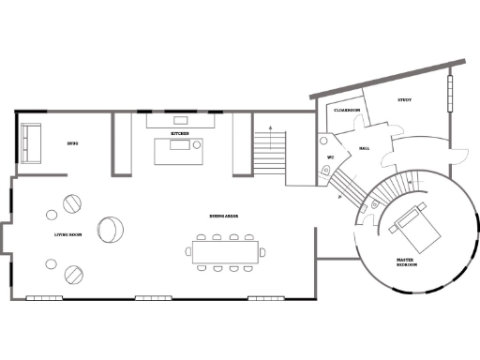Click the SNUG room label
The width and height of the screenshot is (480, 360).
tap(71, 143)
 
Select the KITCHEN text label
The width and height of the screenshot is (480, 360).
tap(180, 134)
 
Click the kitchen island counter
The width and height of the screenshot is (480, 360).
tap(179, 151)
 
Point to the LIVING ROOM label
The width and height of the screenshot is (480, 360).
tap(68, 234)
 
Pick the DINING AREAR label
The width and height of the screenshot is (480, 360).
tap(223, 216)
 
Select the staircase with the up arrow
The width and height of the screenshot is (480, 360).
tap(269, 150)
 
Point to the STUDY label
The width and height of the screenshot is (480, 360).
tap(405, 99)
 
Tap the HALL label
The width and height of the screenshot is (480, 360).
tap(365, 147)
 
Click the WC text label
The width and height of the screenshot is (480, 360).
tap(331, 157)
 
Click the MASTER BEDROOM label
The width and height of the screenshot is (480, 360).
tap(406, 262)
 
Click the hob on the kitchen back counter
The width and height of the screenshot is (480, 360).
tap(181, 119)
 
